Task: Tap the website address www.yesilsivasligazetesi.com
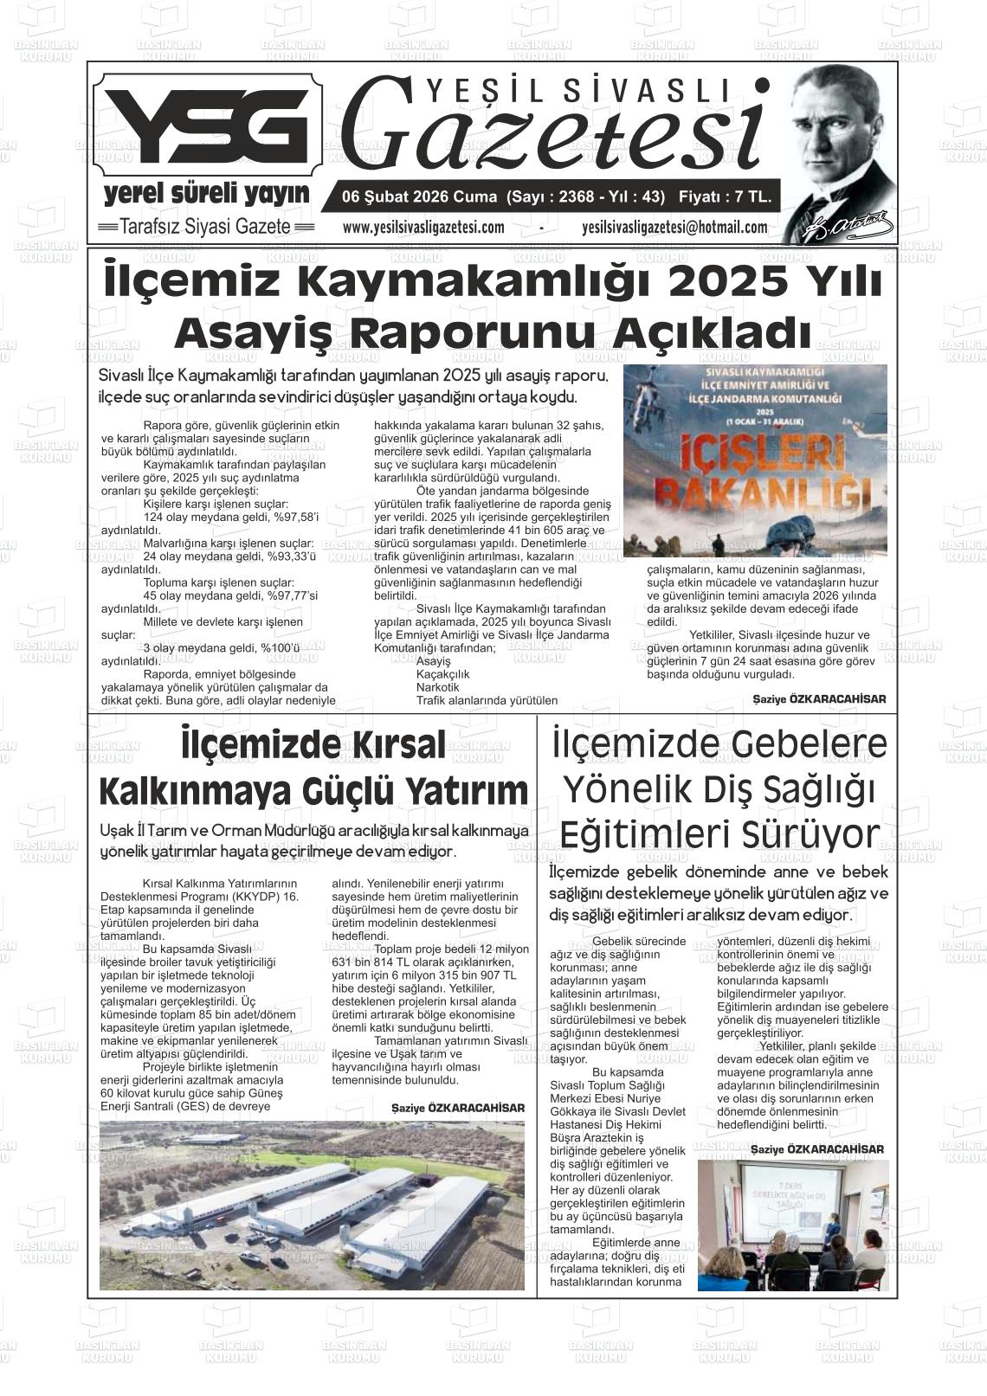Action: pyautogui.click(x=423, y=228)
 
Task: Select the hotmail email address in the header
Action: pyautogui.click(x=674, y=228)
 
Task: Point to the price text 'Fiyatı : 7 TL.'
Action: pyautogui.click(x=725, y=196)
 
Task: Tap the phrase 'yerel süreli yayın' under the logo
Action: pyautogui.click(x=206, y=192)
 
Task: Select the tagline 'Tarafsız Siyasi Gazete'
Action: pyautogui.click(x=205, y=228)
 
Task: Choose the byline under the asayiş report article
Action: pyautogui.click(x=819, y=698)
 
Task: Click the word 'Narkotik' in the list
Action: pyautogui.click(x=438, y=686)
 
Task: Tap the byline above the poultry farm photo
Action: pyautogui.click(x=457, y=1108)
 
